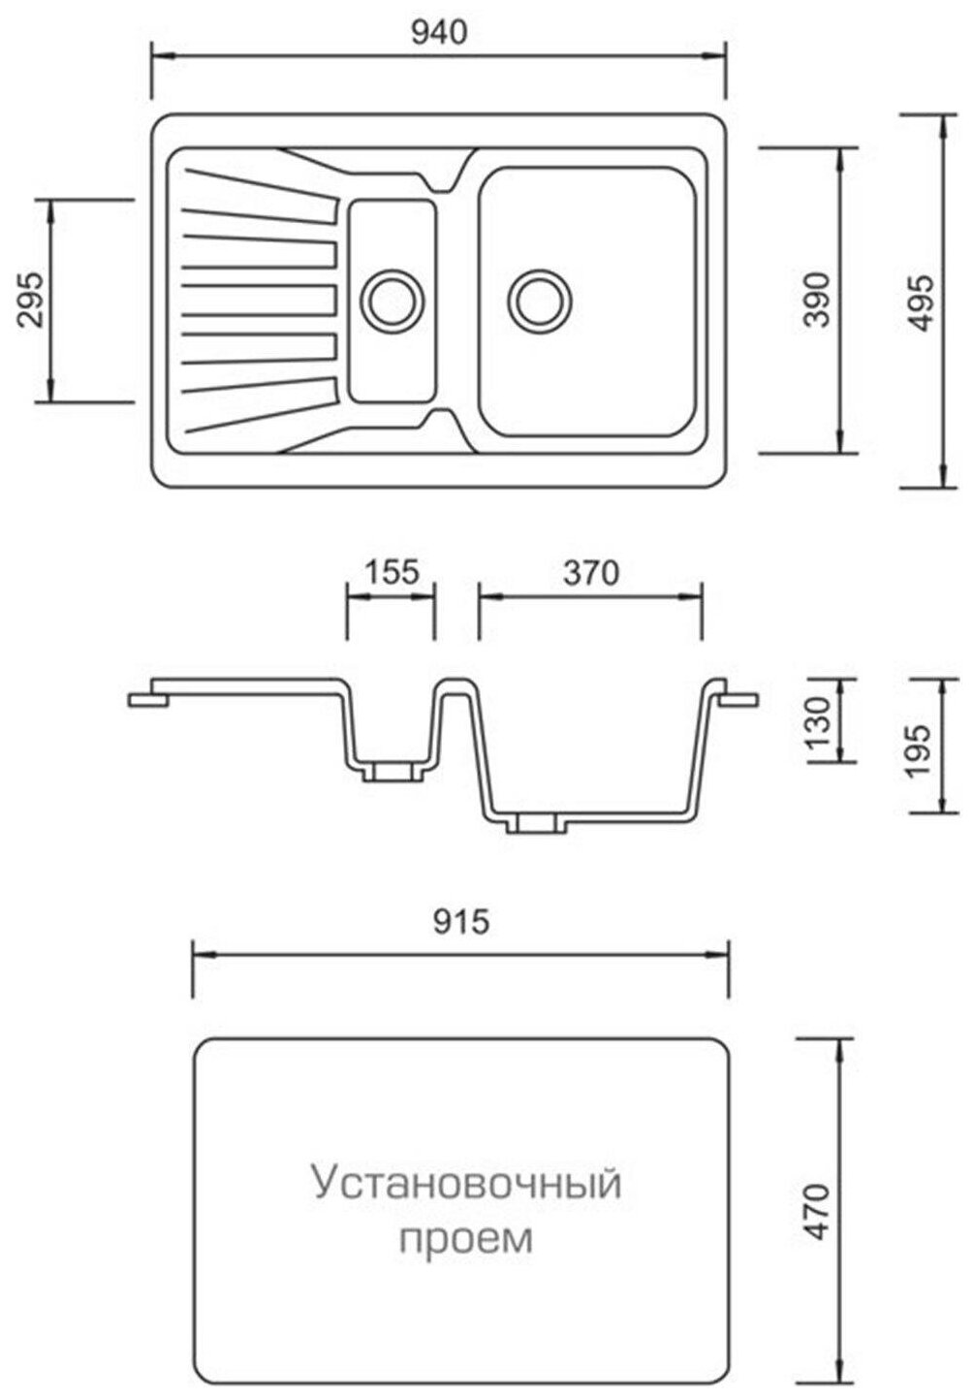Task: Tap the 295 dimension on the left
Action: pos(32,301)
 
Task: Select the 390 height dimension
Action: pos(819,301)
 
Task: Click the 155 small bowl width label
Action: pos(392,572)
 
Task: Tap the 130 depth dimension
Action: pos(819,718)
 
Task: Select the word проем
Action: pos(466,1239)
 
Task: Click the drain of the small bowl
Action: pos(392,299)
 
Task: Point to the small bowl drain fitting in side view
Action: pos(392,771)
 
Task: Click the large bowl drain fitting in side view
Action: pos(535,823)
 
